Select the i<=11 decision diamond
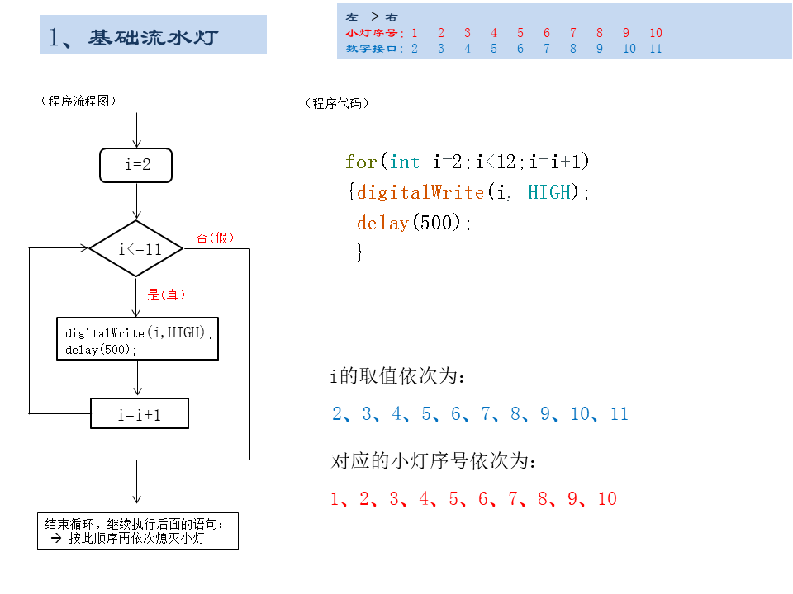click(x=136, y=248)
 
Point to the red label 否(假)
click(x=215, y=238)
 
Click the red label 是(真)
click(x=166, y=295)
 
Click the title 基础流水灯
click(x=153, y=37)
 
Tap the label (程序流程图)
click(x=78, y=101)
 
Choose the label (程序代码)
click(x=337, y=104)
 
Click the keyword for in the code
click(x=361, y=163)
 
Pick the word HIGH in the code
click(x=549, y=192)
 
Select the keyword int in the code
click(x=405, y=163)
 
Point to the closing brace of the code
click(x=359, y=252)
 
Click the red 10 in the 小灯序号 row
click(x=656, y=33)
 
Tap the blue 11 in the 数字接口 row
click(x=655, y=49)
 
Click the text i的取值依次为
click(x=397, y=376)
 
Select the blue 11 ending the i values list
click(x=619, y=414)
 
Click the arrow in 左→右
click(x=371, y=16)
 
